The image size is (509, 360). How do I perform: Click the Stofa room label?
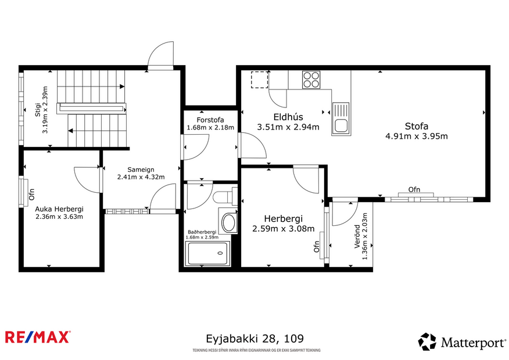click(416, 127)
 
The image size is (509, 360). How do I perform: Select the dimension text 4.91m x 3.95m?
click(416, 136)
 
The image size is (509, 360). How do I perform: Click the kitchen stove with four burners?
click(311, 79)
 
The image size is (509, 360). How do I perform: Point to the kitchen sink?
click(340, 118)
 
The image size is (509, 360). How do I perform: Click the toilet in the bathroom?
click(224, 197)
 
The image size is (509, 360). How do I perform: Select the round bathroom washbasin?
click(230, 222)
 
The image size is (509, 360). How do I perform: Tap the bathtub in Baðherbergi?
click(207, 253)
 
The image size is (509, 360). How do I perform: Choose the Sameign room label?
click(141, 170)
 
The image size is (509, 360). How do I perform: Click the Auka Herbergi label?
click(59, 209)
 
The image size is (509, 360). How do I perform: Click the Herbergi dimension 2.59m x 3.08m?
click(283, 229)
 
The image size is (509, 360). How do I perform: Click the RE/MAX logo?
click(38, 337)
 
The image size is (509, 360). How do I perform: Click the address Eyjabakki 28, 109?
click(254, 338)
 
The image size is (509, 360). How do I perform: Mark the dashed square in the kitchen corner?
click(259, 79)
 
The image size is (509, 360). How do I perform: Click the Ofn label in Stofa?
click(414, 189)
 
